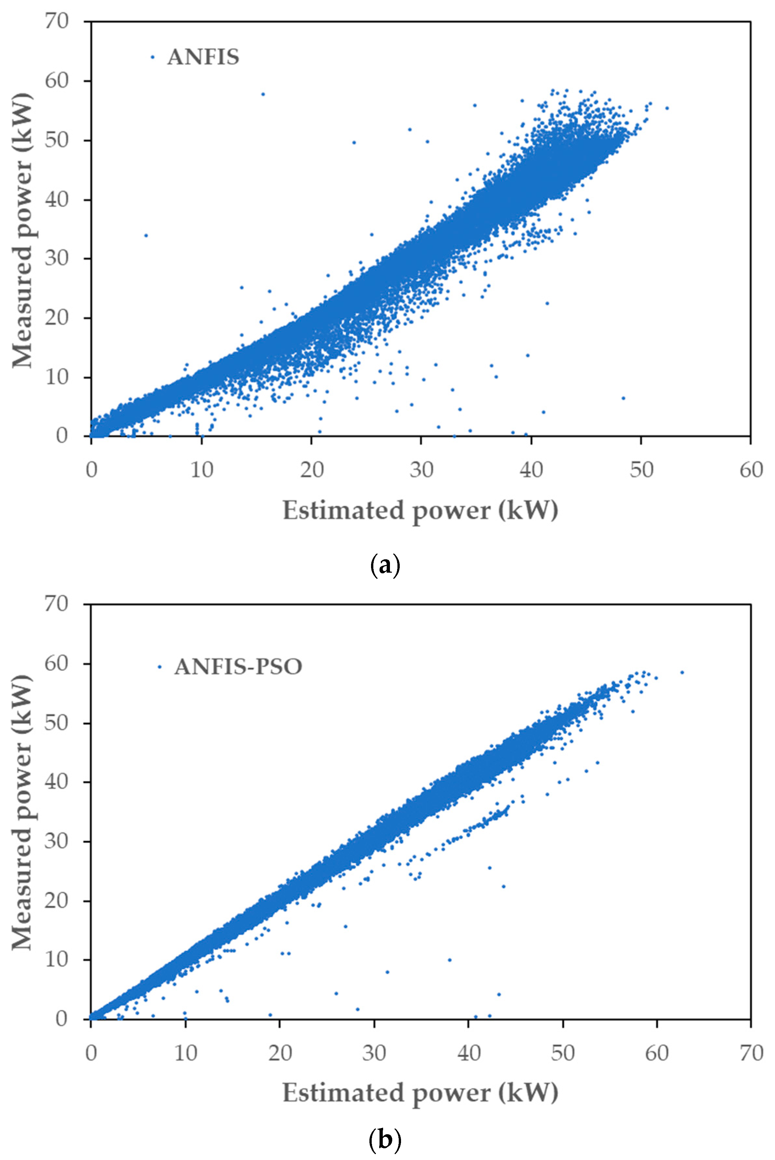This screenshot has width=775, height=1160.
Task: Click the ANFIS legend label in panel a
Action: (203, 57)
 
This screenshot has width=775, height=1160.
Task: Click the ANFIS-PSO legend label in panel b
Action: (238, 667)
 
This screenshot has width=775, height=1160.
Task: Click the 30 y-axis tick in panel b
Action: (56, 841)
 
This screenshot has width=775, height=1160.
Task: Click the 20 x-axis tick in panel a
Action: (311, 469)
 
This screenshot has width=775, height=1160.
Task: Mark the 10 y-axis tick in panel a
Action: (56, 377)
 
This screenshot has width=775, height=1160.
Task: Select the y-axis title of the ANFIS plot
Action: (22, 229)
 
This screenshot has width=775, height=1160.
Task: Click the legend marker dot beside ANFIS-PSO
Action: (160, 667)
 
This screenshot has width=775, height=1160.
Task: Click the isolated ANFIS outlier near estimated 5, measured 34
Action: (146, 235)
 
